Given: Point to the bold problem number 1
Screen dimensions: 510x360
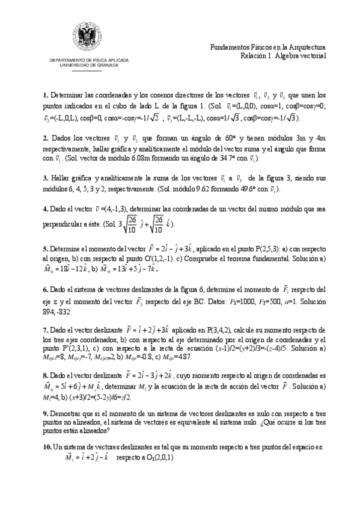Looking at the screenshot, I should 45,96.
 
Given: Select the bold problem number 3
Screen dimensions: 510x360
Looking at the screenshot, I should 45,179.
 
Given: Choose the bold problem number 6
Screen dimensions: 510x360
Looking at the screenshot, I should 45,289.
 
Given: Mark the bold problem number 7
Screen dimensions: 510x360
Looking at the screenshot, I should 45,330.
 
